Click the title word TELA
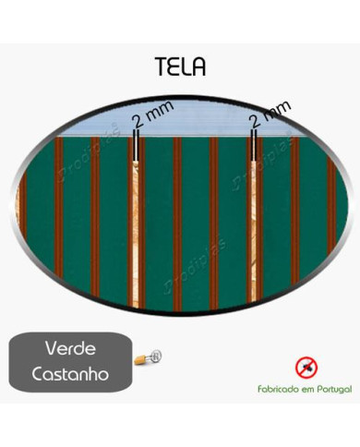(181, 68)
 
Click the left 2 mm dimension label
(150, 117)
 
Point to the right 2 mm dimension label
(270, 115)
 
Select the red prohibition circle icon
(305, 367)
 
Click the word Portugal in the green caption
(328, 391)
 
